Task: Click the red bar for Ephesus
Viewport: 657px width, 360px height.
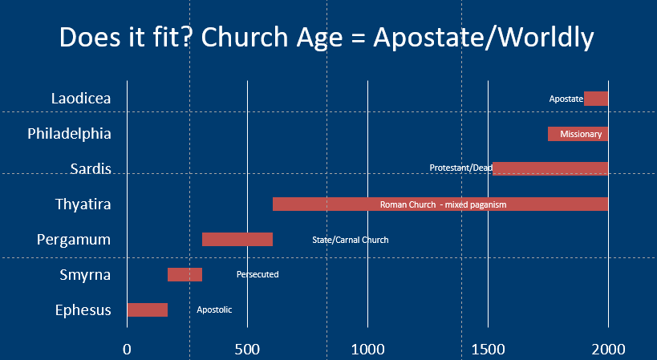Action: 148,309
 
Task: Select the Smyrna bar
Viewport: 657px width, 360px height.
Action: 185,274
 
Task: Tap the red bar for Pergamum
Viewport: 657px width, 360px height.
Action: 237,240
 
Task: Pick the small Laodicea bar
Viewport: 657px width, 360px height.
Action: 596,99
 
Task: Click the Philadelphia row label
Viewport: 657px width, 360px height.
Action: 69,134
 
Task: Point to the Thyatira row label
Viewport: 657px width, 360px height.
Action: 83,204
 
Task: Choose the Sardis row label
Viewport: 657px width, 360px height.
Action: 91,168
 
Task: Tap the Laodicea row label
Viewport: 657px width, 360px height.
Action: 81,99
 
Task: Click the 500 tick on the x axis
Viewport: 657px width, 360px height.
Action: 247,349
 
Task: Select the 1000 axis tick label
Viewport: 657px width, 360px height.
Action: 368,349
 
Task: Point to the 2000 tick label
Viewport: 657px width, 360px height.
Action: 608,349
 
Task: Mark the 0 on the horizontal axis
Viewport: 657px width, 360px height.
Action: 127,349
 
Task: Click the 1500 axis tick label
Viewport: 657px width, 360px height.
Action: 489,349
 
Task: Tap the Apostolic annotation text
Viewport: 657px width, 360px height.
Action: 214,309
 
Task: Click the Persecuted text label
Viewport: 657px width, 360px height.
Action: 258,274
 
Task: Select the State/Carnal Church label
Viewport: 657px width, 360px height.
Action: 351,240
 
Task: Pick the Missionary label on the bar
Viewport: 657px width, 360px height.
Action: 581,134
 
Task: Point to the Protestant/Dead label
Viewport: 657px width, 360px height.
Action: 461,168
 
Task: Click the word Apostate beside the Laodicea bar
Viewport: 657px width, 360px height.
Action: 566,99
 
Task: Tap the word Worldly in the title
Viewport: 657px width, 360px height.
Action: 547,38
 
